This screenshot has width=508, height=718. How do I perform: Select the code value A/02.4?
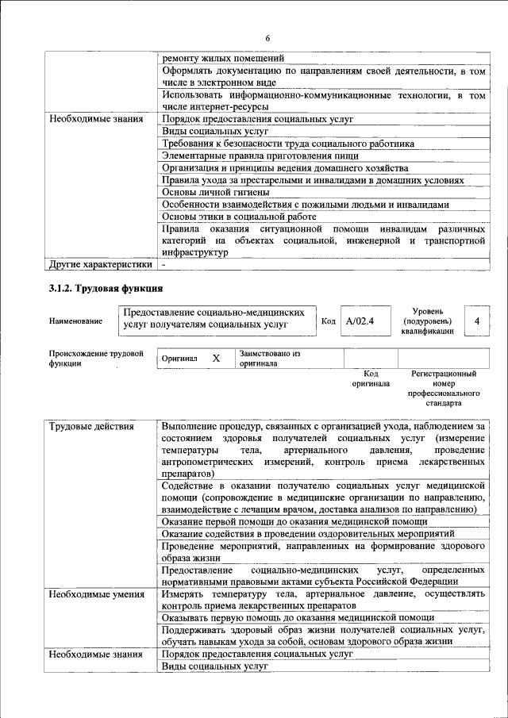point(360,321)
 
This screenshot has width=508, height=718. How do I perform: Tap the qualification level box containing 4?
point(476,321)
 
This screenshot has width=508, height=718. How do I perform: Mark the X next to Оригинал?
point(215,359)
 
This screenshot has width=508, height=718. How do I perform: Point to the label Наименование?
point(75,321)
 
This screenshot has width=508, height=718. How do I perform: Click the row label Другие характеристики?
point(100,263)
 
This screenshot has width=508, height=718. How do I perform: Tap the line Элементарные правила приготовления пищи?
point(260,156)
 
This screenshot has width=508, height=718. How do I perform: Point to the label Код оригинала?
point(371,378)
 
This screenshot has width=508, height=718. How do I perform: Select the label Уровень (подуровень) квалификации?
point(428,321)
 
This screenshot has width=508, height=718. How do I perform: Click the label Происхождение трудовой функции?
point(95,359)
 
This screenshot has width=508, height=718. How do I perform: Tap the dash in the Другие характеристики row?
point(164,263)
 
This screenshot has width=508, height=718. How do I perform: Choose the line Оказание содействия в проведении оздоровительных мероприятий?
point(314,534)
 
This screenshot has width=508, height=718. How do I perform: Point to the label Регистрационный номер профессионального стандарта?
point(444,388)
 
